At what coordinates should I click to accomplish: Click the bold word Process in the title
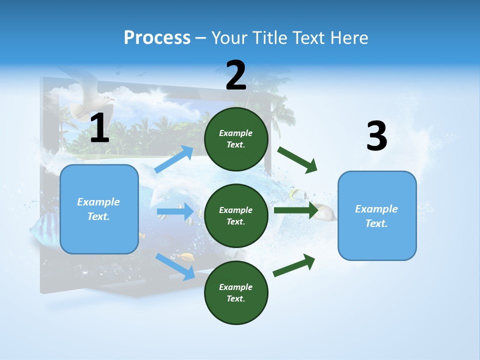coord(157,37)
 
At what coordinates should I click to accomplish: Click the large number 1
coord(99,128)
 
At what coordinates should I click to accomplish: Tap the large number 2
coord(236,75)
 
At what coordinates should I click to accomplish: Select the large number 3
coord(376,136)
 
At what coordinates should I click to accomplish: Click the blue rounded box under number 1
coord(99,209)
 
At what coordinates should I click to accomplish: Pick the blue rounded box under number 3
coord(377,215)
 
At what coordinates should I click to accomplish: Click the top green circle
coord(236,139)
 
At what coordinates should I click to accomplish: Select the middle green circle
coord(236,215)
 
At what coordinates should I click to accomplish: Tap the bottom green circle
coord(236,292)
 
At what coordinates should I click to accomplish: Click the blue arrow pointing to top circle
coord(174,159)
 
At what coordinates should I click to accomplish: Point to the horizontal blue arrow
coord(175,211)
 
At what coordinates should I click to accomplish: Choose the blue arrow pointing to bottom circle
coord(175,266)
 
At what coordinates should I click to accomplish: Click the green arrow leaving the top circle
coord(297,159)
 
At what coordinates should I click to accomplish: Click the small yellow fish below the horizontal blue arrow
coord(187,257)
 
